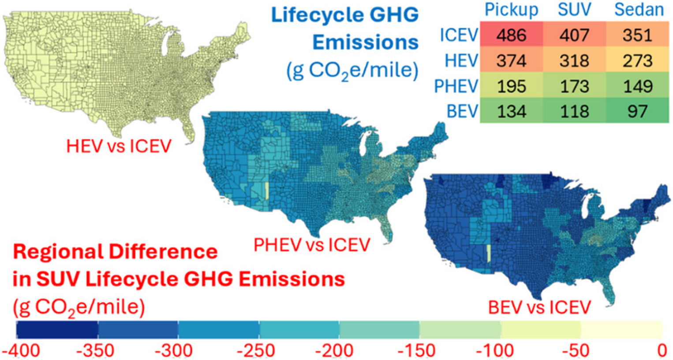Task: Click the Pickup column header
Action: (x=511, y=10)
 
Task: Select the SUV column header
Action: (x=574, y=10)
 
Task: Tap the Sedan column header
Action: (x=639, y=10)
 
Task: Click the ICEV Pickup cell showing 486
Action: (x=511, y=35)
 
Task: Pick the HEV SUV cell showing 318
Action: (x=574, y=60)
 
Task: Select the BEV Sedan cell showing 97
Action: (x=638, y=111)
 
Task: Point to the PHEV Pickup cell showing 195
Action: (x=511, y=86)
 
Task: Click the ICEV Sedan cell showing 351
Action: (x=638, y=35)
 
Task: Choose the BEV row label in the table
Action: (x=462, y=112)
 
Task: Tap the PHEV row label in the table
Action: (x=456, y=86)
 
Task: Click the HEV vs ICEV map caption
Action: (x=119, y=146)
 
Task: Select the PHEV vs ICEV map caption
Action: (x=311, y=245)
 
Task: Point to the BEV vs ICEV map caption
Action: (x=539, y=307)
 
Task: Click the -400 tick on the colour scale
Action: (x=21, y=351)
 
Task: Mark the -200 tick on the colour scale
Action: (x=334, y=351)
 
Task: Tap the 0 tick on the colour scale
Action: (x=662, y=351)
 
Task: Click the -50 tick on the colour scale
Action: (x=576, y=351)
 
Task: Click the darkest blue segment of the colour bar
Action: (x=57, y=330)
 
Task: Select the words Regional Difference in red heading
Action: (x=115, y=252)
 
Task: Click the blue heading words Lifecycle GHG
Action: (x=344, y=15)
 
